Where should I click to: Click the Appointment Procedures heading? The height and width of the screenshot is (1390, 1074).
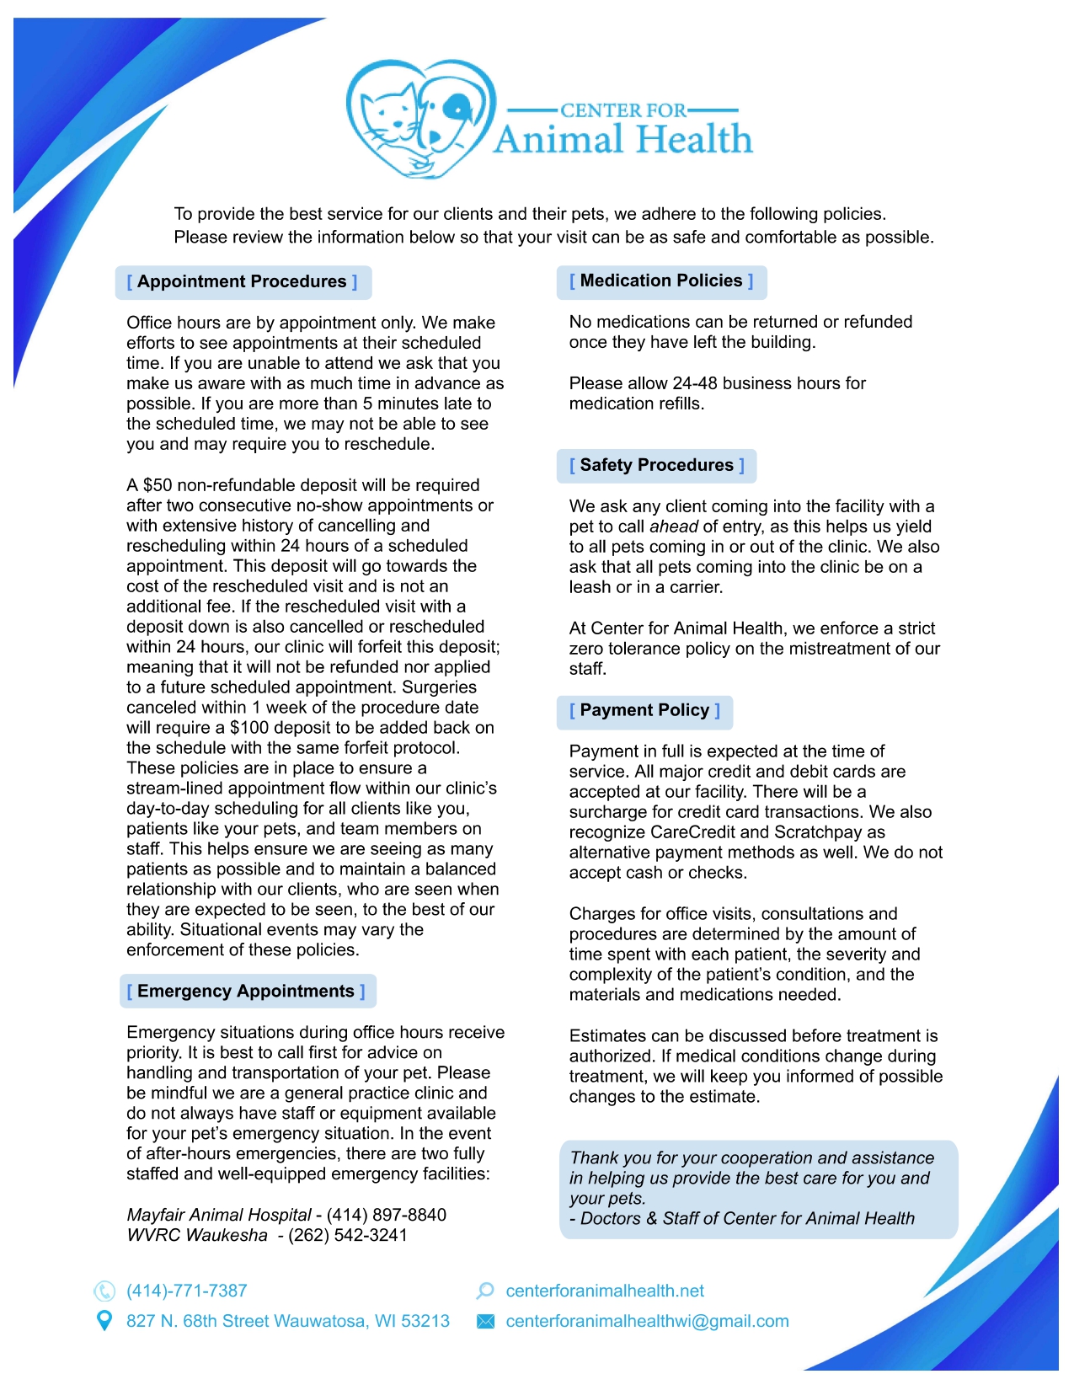242,282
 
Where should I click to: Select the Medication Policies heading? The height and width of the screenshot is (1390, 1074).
661,281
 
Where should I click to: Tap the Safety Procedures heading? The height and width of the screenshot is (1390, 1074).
656,466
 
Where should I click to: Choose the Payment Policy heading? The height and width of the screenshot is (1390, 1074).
644,711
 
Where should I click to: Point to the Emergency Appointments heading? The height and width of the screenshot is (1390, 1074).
246,992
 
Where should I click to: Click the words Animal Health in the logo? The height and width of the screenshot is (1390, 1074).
622,140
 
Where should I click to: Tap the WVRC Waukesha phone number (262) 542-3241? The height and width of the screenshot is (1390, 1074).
347,1235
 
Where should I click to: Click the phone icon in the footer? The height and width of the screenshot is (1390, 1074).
104,1291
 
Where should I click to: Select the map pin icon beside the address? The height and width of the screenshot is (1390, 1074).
104,1321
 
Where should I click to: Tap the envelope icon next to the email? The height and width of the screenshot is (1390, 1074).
485,1321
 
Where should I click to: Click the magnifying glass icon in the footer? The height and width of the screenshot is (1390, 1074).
485,1291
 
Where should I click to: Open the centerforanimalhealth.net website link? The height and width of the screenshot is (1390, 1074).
605,1291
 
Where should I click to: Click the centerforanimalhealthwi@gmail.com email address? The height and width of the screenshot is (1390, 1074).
647,1321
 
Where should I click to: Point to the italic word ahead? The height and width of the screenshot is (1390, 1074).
673,527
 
